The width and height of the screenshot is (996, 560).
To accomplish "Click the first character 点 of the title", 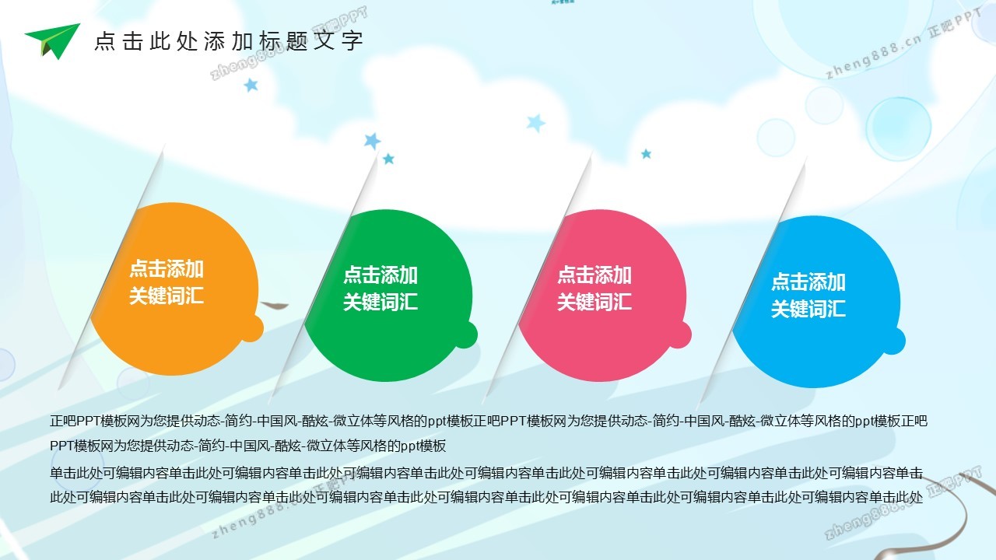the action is [x=105, y=41].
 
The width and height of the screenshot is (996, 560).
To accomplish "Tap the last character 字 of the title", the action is [x=352, y=41].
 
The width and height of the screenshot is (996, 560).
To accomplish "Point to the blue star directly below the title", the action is [x=251, y=85].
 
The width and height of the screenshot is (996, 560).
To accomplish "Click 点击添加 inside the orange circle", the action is [x=167, y=269].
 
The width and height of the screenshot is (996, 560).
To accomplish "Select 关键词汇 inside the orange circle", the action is [x=167, y=296].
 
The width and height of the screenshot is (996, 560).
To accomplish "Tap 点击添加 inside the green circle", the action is [x=381, y=275].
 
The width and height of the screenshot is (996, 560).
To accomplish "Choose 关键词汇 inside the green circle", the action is [x=381, y=302].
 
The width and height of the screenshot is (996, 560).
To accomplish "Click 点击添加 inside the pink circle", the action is [x=594, y=275].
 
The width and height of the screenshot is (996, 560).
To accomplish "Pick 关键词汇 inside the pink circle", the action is [x=594, y=302].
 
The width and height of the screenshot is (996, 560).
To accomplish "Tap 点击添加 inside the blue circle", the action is [x=808, y=282].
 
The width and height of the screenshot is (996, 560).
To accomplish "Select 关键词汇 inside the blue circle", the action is [x=808, y=309].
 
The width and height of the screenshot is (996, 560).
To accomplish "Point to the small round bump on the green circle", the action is [x=466, y=334].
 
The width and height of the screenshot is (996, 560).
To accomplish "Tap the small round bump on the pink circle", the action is [x=680, y=334].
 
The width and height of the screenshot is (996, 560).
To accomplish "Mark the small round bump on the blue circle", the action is [x=894, y=341].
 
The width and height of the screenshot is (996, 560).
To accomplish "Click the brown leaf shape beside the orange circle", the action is [x=275, y=305].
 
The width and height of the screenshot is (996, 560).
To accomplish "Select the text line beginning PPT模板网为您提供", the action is [x=247, y=446].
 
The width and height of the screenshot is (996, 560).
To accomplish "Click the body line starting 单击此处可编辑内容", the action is [x=486, y=472].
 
